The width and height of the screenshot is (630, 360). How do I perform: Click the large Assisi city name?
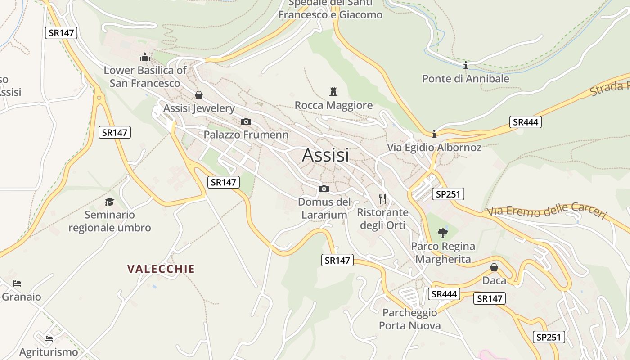tap(325, 155)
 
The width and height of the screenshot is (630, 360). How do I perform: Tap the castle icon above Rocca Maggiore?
tap(333, 92)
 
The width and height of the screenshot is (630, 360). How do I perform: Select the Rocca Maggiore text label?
tap(333, 105)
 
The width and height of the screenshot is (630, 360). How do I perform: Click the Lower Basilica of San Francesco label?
tap(145, 77)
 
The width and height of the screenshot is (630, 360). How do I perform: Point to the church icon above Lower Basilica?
tap(145, 57)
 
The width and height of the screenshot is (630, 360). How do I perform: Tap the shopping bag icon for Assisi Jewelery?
tap(198, 95)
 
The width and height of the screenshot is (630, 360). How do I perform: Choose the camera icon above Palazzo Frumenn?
tap(246, 121)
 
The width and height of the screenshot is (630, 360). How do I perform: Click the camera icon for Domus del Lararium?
tap(324, 189)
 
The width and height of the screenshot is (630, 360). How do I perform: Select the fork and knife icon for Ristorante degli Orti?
tap(382, 198)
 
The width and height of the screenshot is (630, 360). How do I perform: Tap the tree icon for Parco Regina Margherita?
tap(443, 233)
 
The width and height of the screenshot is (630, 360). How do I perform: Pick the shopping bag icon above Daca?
tap(494, 267)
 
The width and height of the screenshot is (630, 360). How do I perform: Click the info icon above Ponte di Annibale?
tap(466, 66)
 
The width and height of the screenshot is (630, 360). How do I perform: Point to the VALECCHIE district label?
tap(161, 269)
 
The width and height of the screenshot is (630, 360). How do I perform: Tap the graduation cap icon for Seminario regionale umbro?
tap(109, 202)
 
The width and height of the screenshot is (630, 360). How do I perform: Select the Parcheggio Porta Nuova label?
tap(409, 319)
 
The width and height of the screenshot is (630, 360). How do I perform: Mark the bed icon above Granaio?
tap(17, 283)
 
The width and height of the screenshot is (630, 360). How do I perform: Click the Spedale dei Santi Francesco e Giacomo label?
tap(330, 9)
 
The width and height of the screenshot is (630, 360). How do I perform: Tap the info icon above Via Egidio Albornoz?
tap(434, 134)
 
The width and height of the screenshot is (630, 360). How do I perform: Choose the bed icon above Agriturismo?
tap(49, 338)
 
